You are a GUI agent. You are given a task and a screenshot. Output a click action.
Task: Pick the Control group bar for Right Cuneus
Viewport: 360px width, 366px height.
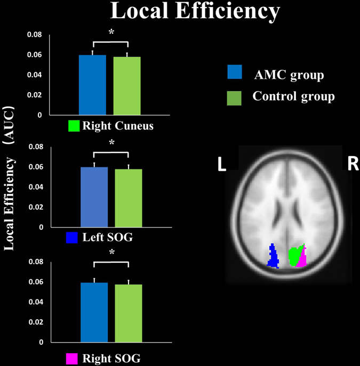click(x=127, y=86)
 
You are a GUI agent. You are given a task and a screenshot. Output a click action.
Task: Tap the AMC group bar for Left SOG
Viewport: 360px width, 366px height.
click(x=94, y=197)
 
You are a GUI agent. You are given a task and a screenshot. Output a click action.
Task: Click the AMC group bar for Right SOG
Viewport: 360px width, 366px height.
click(x=94, y=311)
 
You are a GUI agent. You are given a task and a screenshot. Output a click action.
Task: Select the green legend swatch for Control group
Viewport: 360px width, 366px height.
click(x=234, y=97)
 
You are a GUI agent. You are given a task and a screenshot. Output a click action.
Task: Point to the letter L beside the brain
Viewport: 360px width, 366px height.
click(x=221, y=164)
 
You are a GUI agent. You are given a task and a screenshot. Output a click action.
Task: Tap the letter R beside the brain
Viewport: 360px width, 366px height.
click(x=353, y=164)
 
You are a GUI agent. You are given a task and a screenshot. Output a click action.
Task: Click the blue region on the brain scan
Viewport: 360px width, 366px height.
click(x=273, y=256)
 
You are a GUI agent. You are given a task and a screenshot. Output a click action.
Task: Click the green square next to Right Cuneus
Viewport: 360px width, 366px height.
click(x=74, y=126)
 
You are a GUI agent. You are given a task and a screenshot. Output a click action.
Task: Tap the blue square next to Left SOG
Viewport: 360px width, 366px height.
click(x=73, y=238)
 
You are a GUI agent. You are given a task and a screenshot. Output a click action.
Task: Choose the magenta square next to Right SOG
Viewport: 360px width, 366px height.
click(x=73, y=357)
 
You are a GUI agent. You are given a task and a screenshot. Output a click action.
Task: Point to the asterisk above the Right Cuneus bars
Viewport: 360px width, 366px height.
click(x=111, y=32)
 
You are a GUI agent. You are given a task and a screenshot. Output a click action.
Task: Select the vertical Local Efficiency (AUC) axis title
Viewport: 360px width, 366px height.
click(x=9, y=176)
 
